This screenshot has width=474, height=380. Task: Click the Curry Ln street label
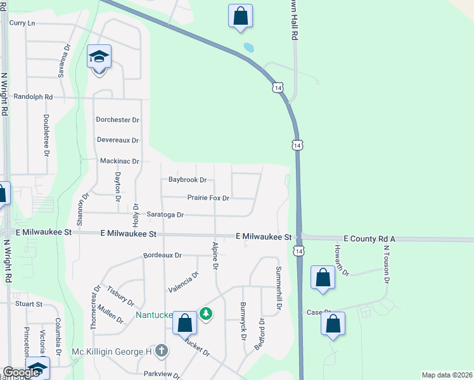[22, 23]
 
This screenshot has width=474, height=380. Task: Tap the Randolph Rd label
[31, 98]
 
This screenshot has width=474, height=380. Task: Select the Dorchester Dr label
[117, 119]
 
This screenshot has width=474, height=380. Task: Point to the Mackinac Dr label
[119, 161]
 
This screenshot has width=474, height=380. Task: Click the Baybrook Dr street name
[188, 180]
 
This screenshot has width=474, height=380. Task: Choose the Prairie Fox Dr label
[208, 198]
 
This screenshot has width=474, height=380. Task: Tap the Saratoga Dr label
[165, 215]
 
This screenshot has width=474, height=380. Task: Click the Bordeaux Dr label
[162, 255]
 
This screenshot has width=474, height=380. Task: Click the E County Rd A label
[369, 238]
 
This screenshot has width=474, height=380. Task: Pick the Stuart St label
[29, 304]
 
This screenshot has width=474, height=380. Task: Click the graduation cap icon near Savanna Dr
[99, 58]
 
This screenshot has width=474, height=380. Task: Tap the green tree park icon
[205, 313]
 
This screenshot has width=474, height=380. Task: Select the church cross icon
[162, 350]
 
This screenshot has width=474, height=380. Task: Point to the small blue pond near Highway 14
[249, 47]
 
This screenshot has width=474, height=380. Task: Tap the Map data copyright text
[447, 374]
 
